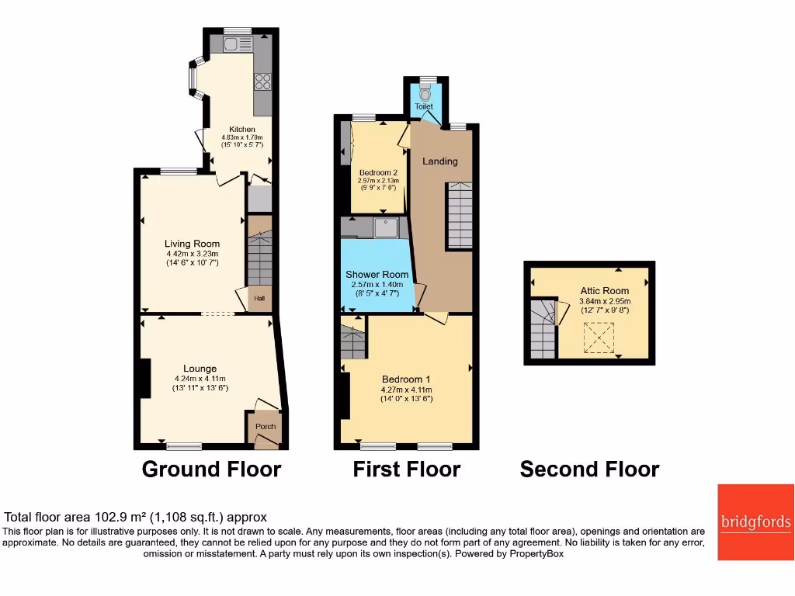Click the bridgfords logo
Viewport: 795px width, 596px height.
755,521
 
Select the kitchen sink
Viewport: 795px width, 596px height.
232,43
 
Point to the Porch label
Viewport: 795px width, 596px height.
266,426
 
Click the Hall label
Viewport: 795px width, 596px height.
258,298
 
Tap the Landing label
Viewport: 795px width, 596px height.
439,161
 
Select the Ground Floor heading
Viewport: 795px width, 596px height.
211,469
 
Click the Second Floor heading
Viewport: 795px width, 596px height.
589,469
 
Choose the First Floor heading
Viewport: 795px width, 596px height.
406,469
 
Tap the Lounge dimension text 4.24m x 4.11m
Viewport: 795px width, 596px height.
200,379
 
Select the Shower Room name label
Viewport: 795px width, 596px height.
377,275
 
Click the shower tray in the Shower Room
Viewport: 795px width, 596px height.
385,227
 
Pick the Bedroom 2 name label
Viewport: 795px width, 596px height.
378,172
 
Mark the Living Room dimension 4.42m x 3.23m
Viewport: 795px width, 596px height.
192,254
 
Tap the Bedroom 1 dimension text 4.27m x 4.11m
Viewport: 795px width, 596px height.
407,390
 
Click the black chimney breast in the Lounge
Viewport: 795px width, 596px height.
144,379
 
